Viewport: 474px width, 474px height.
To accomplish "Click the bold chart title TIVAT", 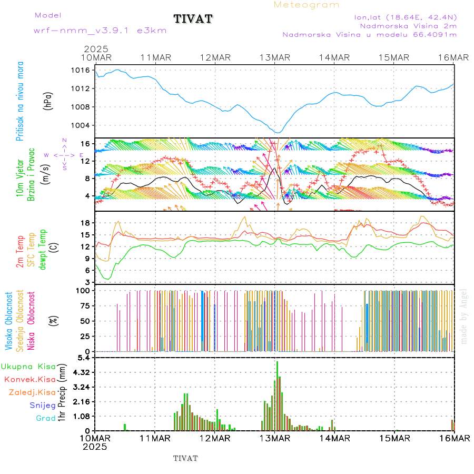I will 193,19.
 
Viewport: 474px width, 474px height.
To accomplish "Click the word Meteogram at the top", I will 307,5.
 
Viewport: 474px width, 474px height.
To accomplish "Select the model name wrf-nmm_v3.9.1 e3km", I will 100,31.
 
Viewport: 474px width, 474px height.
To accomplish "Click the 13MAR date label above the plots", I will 274,57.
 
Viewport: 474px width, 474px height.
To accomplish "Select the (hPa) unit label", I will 48,101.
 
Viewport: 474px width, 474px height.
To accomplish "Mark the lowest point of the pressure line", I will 278,132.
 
